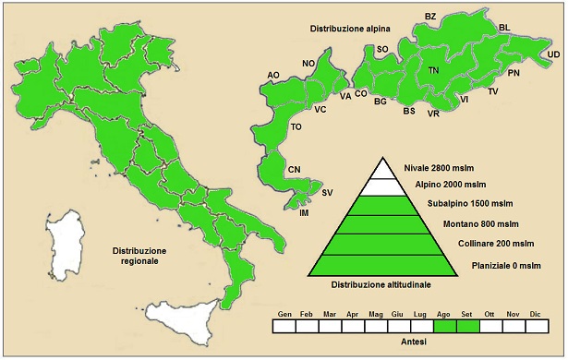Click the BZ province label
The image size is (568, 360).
pyautogui.click(x=430, y=17)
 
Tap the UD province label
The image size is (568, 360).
pyautogui.click(x=553, y=55)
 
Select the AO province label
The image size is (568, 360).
pyautogui.click(x=273, y=75)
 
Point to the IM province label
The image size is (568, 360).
pyautogui.click(x=304, y=212)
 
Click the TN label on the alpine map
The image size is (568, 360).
pyautogui.click(x=434, y=70)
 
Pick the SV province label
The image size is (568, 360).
pyautogui.click(x=327, y=192)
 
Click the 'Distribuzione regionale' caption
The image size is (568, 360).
pyautogui.click(x=139, y=256)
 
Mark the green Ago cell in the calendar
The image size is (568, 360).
pyautogui.click(x=445, y=326)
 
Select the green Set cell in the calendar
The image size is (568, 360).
pyautogui.click(x=467, y=326)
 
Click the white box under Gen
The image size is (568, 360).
pyautogui.click(x=284, y=326)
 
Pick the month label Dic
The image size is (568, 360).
pyautogui.click(x=536, y=314)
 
